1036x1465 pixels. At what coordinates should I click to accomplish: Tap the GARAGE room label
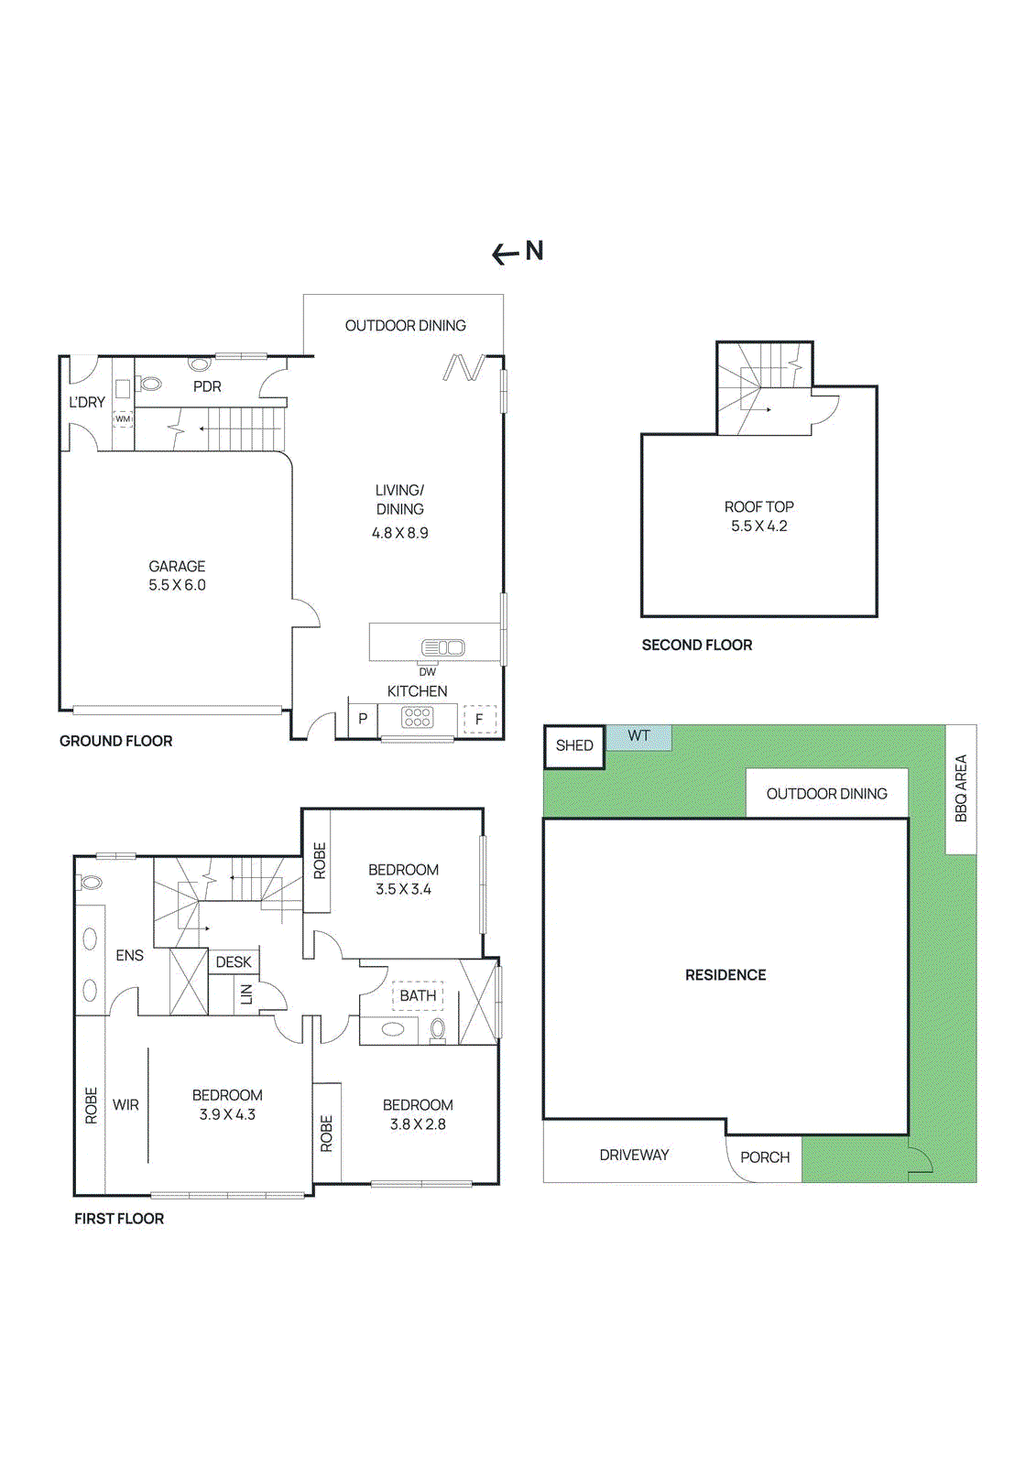177,566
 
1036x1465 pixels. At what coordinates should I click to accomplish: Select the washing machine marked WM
123,418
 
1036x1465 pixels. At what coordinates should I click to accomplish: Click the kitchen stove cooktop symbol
417,718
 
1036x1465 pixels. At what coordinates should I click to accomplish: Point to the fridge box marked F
480,720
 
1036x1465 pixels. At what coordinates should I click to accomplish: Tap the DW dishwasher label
428,672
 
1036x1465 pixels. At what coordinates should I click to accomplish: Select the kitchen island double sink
443,647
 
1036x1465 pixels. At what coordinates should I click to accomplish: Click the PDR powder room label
207,386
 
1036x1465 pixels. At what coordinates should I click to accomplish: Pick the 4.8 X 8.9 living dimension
400,533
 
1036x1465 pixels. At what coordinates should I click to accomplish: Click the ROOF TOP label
759,507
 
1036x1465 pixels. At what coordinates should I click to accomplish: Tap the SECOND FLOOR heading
697,645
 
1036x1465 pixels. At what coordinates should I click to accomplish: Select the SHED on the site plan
574,746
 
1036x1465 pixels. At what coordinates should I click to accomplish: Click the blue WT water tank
638,738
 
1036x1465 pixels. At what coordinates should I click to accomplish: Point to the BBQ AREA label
961,788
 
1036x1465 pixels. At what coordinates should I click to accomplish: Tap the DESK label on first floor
234,961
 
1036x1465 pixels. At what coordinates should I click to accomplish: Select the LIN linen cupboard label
246,995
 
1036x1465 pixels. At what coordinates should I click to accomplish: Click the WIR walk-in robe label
125,1104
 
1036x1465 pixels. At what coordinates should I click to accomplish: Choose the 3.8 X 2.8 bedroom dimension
418,1124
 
